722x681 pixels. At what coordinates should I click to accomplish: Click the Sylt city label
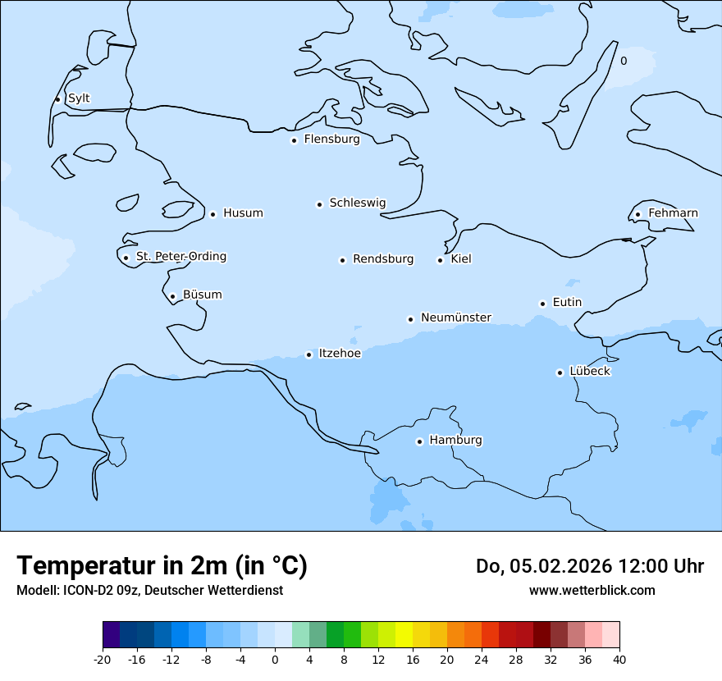(79, 98)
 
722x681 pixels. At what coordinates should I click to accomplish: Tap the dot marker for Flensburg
(294, 140)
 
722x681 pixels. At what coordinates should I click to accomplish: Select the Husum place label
(243, 213)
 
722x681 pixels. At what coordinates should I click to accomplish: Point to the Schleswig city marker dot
(319, 204)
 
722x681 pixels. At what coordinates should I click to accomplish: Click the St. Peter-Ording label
(180, 257)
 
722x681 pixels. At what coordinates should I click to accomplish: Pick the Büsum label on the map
(202, 295)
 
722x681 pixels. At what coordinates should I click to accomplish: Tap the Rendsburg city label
(383, 259)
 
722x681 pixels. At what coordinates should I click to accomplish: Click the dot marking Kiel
(440, 261)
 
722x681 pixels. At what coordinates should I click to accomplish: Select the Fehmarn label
(673, 213)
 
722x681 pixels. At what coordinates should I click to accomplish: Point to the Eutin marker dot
(542, 304)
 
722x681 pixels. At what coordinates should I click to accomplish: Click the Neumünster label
(456, 318)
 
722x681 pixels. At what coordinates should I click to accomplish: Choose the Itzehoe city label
(340, 354)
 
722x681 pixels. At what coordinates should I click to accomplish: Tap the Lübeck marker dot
(560, 372)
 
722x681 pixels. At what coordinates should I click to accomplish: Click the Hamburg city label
(455, 441)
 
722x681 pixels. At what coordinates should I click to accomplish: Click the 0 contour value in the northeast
(624, 61)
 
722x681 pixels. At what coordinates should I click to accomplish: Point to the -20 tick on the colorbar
(103, 660)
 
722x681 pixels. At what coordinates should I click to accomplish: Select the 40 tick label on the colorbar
(619, 660)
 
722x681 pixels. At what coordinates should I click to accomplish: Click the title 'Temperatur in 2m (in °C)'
(162, 565)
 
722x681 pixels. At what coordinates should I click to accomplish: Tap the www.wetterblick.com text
(592, 590)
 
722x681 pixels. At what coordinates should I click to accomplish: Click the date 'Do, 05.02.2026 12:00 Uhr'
(589, 566)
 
